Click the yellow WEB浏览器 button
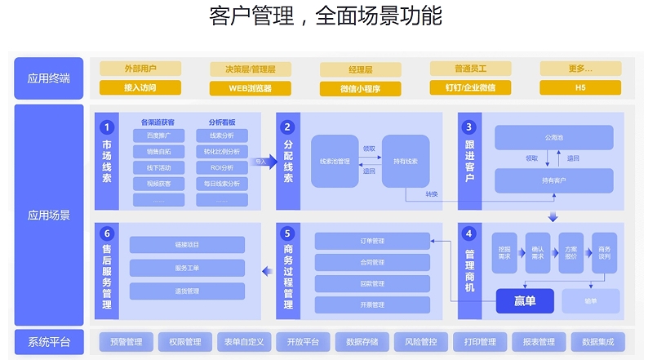250,87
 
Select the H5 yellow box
580,87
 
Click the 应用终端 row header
49,78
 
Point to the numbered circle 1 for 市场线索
106,127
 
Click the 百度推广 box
158,135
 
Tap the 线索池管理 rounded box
335,162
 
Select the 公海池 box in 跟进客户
553,137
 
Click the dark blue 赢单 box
525,301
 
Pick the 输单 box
590,301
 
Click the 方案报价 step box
571,252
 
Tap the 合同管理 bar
372,262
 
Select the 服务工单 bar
187,267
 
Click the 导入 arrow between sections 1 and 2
261,162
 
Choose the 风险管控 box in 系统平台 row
420,342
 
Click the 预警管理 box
127,342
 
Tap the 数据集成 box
597,342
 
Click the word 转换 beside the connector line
431,193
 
